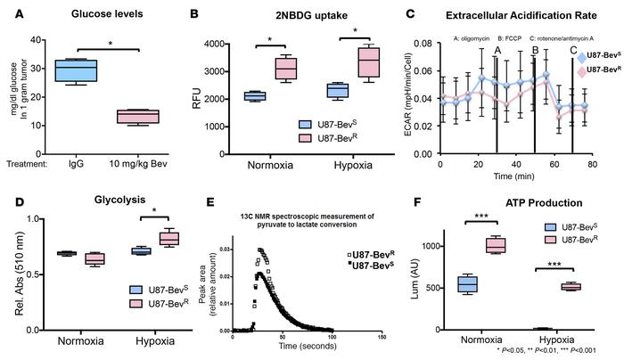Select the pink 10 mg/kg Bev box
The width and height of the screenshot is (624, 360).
click(x=141, y=117)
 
